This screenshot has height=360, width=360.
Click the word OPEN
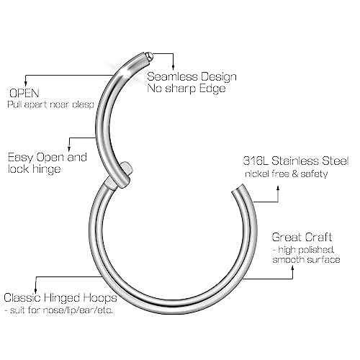[24, 93]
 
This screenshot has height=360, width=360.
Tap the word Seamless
[172, 76]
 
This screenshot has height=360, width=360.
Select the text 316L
[256, 161]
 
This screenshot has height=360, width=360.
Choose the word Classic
[22, 297]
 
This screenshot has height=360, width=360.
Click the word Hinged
[59, 298]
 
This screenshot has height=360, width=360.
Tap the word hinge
[46, 169]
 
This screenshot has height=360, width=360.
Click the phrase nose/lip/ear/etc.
[78, 310]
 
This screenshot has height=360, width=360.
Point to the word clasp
[83, 105]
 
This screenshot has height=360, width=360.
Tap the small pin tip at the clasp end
[150, 55]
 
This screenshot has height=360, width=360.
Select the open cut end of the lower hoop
[238, 188]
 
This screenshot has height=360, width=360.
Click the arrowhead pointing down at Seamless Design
[173, 67]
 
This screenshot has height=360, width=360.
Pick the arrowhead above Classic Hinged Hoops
[36, 289]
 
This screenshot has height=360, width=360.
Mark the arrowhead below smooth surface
[293, 268]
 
